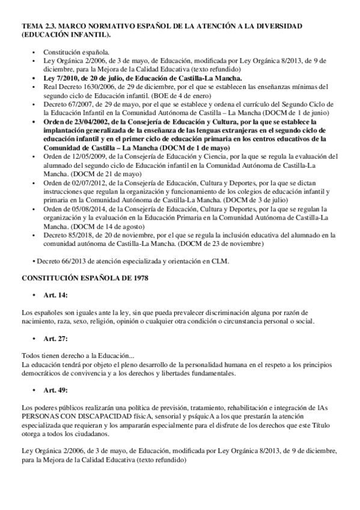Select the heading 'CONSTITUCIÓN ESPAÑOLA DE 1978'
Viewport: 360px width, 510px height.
pyautogui.click(x=82, y=279)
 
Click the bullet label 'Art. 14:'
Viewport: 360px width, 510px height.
pyautogui.click(x=56, y=297)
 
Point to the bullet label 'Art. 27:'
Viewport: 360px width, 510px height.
pyautogui.click(x=56, y=339)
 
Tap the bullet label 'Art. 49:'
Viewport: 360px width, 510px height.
pyautogui.click(x=56, y=390)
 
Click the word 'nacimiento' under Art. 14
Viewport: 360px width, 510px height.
pyautogui.click(x=39, y=322)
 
